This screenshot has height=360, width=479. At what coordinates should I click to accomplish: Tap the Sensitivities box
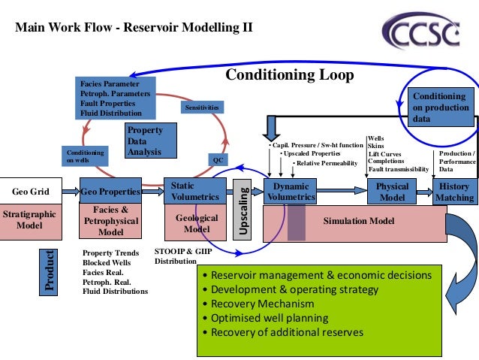[x=200, y=108]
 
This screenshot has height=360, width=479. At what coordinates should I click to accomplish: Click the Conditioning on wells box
[x=86, y=156]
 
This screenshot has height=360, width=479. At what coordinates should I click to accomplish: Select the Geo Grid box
[x=31, y=191]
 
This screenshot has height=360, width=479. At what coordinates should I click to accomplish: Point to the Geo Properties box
[x=110, y=191]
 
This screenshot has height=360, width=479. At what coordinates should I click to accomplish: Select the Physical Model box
[x=392, y=192]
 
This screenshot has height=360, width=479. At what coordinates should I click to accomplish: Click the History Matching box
[x=455, y=192]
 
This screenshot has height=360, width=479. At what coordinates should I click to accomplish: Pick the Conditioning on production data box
[x=441, y=107]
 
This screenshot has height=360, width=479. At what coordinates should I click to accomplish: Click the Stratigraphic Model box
[x=29, y=219]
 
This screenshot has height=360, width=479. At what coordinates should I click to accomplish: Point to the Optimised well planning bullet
[x=267, y=318]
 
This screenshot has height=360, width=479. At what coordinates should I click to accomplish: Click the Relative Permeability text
[x=324, y=163]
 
